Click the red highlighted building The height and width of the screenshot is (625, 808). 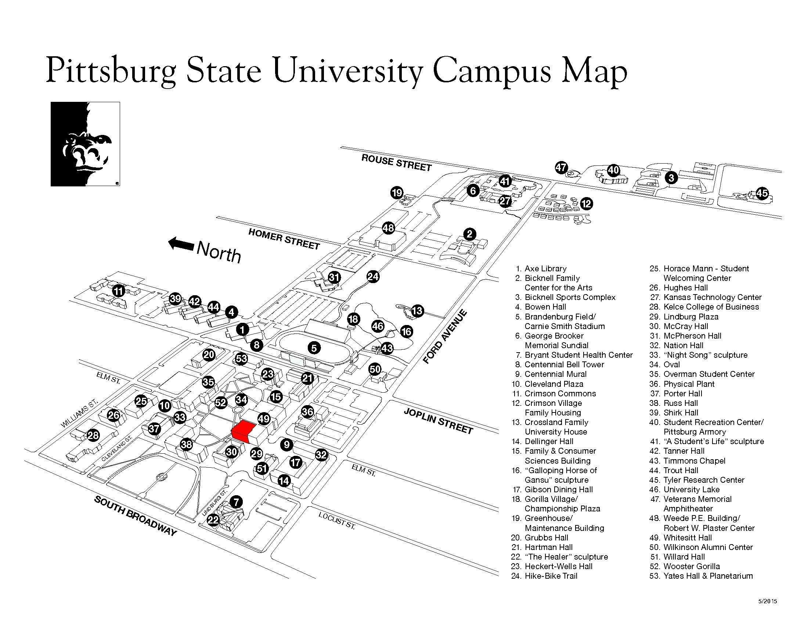(244, 432)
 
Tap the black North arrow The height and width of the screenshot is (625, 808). (181, 244)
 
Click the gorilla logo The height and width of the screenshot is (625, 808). (86, 144)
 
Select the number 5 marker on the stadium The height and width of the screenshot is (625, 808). (314, 348)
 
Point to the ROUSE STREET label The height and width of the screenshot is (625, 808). (397, 163)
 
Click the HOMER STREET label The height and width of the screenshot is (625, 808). (284, 239)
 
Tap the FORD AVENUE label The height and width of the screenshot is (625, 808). (445, 337)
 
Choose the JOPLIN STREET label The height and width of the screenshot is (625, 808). (439, 421)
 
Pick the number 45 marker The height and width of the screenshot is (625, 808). (762, 193)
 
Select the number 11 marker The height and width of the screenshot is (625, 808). (118, 291)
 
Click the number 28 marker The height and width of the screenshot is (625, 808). (93, 435)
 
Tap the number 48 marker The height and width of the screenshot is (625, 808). (388, 228)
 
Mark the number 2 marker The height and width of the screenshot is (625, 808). (469, 234)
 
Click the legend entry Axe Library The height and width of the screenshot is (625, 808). (545, 268)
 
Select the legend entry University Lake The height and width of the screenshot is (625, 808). (692, 489)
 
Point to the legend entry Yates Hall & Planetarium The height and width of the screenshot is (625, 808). (708, 576)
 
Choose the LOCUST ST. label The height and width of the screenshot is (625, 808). (337, 521)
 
